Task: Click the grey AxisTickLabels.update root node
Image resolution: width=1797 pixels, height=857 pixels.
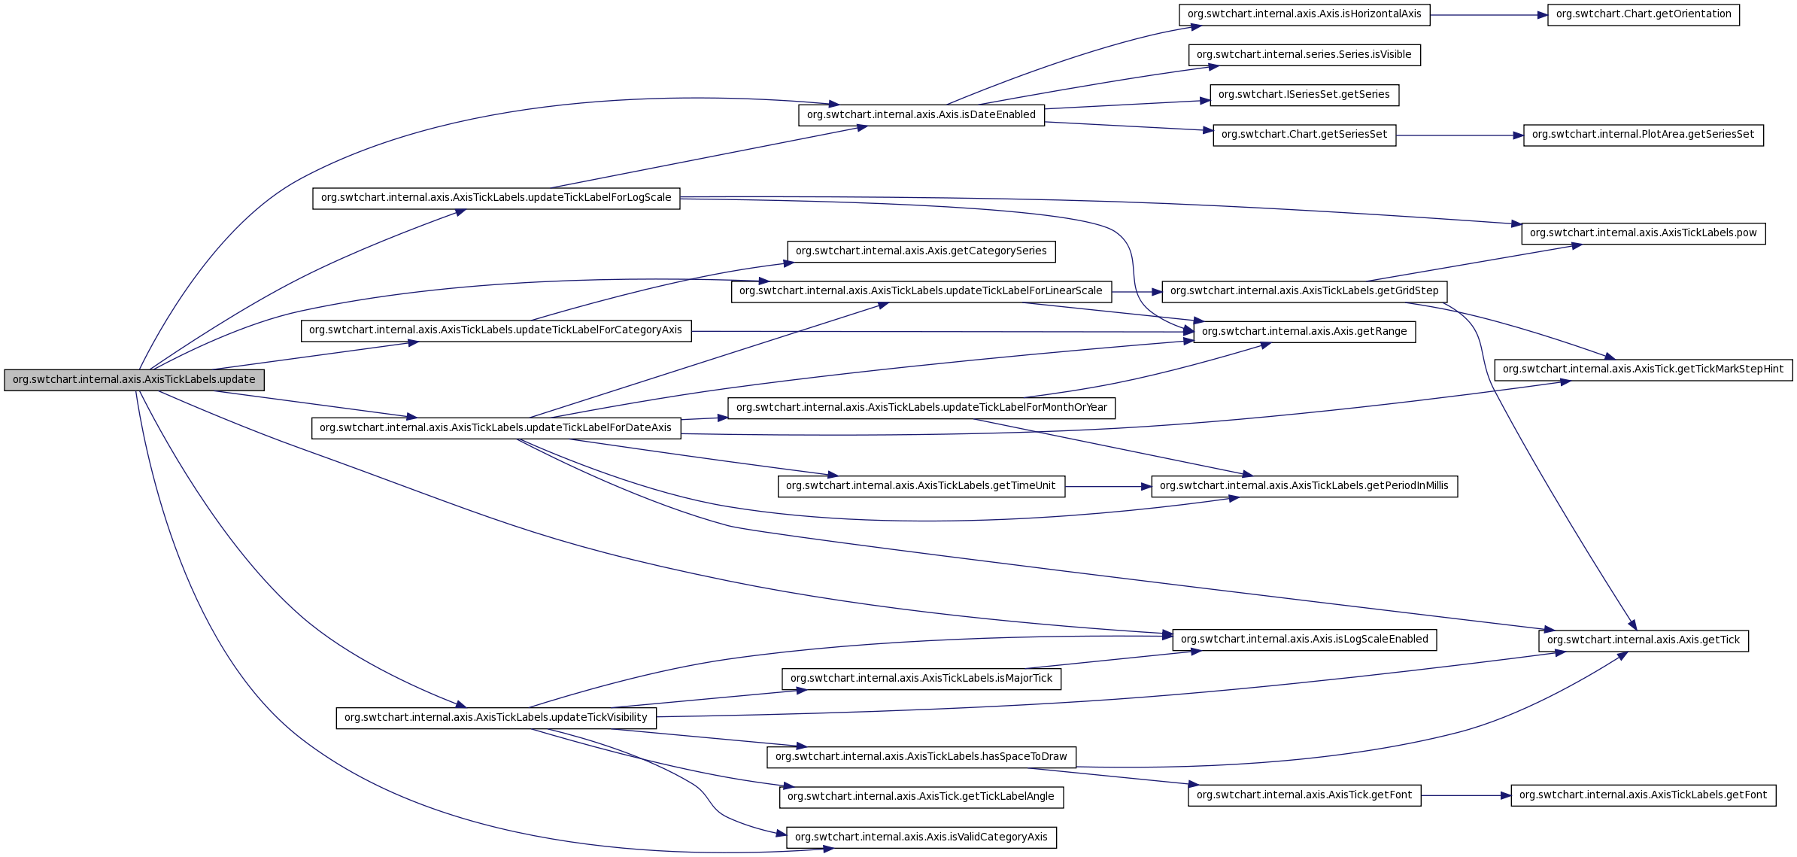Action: coord(134,380)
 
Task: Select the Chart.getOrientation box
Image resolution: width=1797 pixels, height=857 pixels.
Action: coord(1643,14)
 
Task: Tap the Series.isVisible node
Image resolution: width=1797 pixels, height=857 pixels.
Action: coord(1304,55)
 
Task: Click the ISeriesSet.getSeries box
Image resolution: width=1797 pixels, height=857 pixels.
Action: coord(1304,95)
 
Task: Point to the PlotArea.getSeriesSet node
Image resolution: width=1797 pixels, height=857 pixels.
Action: coord(1643,135)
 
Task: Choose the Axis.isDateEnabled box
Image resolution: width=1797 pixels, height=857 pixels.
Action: coord(921,115)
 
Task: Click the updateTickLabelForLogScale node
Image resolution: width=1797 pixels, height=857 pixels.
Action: coord(496,198)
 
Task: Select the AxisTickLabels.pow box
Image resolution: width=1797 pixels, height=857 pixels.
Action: coord(1643,233)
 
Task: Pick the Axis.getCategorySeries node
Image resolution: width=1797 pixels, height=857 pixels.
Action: coord(921,251)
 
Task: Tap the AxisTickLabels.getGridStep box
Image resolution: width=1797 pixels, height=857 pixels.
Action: coord(1304,291)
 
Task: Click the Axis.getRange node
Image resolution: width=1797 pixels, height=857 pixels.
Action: coord(1304,332)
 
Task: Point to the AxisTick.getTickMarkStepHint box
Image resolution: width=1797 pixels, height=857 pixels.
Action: coord(1643,369)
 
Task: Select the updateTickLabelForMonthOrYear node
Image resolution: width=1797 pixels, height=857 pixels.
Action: coord(921,408)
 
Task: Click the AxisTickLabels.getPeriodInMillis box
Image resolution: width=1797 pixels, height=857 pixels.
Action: coord(1304,486)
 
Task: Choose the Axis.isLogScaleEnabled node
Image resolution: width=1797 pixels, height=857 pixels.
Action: coord(1304,640)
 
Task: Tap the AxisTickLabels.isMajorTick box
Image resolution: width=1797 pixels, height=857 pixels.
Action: coord(921,679)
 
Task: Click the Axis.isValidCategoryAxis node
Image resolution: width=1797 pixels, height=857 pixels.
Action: coord(921,837)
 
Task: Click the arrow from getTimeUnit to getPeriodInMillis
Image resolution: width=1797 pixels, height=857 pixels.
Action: coord(1107,487)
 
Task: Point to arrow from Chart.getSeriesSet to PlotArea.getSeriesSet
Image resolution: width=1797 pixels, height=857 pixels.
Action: coord(1459,135)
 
